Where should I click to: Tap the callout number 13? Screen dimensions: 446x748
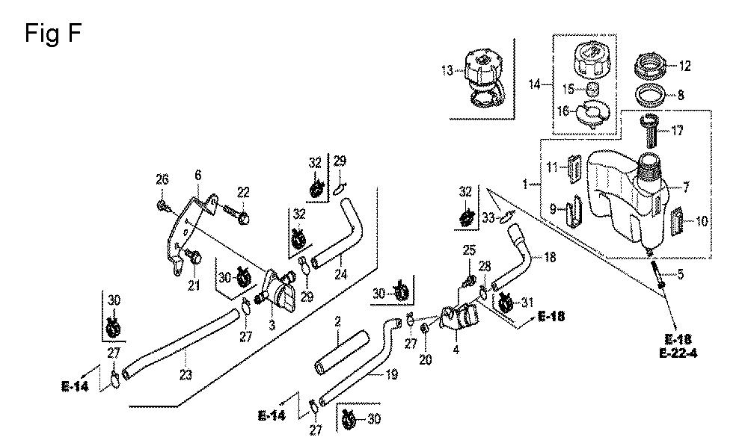(x=447, y=71)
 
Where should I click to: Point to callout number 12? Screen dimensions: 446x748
(x=684, y=66)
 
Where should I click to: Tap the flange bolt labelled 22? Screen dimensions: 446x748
(x=241, y=214)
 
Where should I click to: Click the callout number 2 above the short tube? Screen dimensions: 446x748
(x=338, y=321)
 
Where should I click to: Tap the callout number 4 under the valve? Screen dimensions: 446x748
(x=456, y=348)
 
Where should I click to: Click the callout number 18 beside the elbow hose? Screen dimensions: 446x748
(x=550, y=256)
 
